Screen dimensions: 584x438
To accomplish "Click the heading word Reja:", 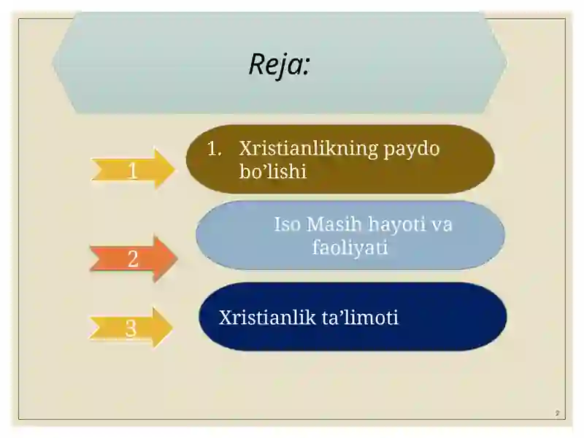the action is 280,65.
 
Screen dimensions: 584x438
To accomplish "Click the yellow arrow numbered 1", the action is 133,169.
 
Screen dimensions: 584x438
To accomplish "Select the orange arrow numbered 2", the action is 134,258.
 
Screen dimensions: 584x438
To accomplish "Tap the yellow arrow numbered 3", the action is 131,327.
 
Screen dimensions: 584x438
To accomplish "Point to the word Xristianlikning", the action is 309,149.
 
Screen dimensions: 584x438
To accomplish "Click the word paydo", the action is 412,150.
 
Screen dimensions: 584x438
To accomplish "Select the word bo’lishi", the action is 272,172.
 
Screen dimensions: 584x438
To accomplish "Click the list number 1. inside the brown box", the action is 214,148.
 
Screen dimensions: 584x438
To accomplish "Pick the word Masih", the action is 334,224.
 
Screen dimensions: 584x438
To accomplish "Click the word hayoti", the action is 396,224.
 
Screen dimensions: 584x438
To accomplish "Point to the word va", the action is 442,226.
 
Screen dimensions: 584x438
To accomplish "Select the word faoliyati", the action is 350,247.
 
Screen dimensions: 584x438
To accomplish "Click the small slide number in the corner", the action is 557,413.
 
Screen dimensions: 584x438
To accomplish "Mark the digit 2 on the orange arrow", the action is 133,258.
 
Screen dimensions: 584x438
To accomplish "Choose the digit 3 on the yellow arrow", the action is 131,328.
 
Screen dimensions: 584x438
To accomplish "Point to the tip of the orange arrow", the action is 177,258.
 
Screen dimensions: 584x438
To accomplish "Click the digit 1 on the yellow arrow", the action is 133,171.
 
